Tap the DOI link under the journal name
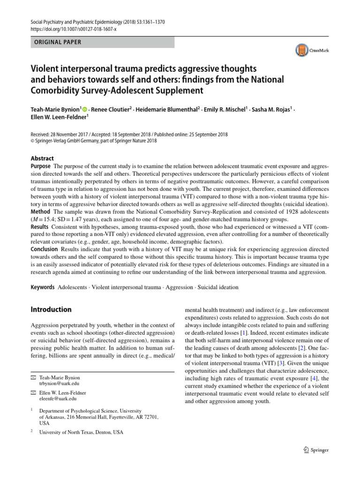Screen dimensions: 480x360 pos(73,29)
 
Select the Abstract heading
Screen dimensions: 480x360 pos(42,158)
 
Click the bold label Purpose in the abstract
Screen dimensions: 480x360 pos(41,167)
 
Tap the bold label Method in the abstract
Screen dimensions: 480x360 pos(41,212)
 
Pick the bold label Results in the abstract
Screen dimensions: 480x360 pos(40,227)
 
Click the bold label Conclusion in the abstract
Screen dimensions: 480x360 pos(44,249)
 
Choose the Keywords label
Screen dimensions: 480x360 pos(43,287)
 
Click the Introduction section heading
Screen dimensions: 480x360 pos(51,309)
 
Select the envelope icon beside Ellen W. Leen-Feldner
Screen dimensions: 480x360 pos(33,392)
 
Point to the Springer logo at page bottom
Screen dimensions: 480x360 pos(316,450)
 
